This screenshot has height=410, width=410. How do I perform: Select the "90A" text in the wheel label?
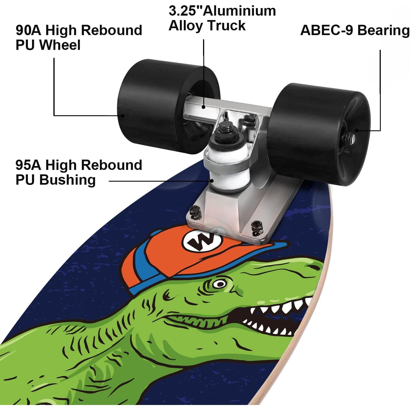(x=28, y=30)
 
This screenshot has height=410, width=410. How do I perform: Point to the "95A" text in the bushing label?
(x=28, y=165)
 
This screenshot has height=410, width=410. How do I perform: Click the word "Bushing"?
(x=67, y=180)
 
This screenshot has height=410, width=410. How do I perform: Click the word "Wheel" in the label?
(x=60, y=45)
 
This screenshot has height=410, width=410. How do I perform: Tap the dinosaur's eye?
(x=220, y=284)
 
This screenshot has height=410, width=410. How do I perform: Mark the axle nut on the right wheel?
(x=350, y=136)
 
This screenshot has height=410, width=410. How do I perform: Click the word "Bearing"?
(x=383, y=30)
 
